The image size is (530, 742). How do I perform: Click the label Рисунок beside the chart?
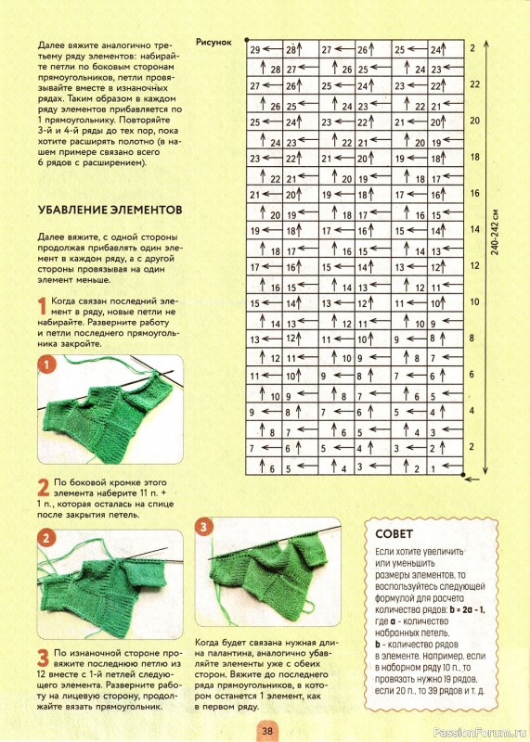tap(213, 43)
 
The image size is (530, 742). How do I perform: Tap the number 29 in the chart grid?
tap(255, 49)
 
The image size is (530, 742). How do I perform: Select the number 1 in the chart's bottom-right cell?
tap(433, 469)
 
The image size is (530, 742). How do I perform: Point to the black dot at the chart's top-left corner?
tap(247, 40)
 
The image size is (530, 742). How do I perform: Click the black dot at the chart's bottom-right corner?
tap(463, 474)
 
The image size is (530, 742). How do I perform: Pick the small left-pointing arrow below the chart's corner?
tap(472, 480)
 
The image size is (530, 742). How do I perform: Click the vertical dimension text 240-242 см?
tap(495, 231)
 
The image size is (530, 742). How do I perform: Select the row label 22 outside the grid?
tap(475, 84)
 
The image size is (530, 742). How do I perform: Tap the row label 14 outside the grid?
tap(475, 229)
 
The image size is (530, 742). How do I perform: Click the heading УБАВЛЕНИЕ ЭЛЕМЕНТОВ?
tap(110, 211)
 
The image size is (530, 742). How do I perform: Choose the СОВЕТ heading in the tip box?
tap(394, 534)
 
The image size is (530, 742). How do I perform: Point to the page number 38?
tap(267, 731)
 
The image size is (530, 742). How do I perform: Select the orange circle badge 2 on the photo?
tap(47, 539)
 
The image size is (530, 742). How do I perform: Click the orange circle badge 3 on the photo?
tap(203, 527)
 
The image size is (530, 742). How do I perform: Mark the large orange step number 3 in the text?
tap(43, 659)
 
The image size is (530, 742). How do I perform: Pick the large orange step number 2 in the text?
tap(43, 488)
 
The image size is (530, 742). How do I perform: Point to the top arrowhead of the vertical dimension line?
tap(485, 44)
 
